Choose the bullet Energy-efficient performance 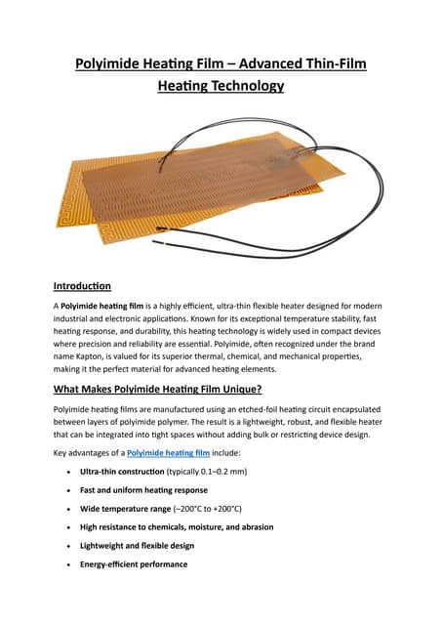[x=134, y=564]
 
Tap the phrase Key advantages [x=83, y=454]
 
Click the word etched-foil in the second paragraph [x=276, y=410]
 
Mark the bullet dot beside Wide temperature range [x=65, y=509]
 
